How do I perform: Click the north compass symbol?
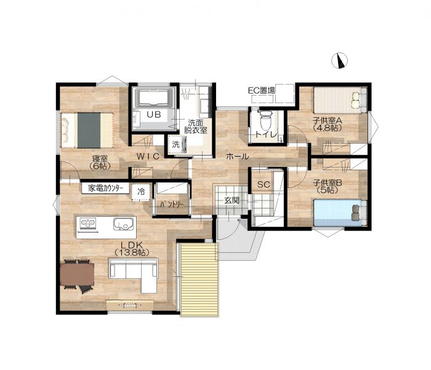pos(340,61)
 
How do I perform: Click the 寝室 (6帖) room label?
pos(100,162)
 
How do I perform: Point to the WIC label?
pos(148,157)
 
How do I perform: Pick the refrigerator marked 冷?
pos(141,192)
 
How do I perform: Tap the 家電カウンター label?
pos(105,189)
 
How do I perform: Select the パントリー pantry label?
pos(172,204)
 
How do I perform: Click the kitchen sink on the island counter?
pos(125,223)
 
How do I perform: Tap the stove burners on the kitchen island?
pos(88,223)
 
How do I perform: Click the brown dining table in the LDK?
pos(77,274)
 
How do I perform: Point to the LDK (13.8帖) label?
pos(132,249)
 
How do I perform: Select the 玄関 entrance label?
pos(232,200)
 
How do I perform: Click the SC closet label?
pos(264,184)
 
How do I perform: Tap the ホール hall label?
pos(238,157)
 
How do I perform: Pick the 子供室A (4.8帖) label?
pos(328,124)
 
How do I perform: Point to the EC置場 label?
pos(262,90)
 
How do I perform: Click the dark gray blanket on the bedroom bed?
pos(89,130)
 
